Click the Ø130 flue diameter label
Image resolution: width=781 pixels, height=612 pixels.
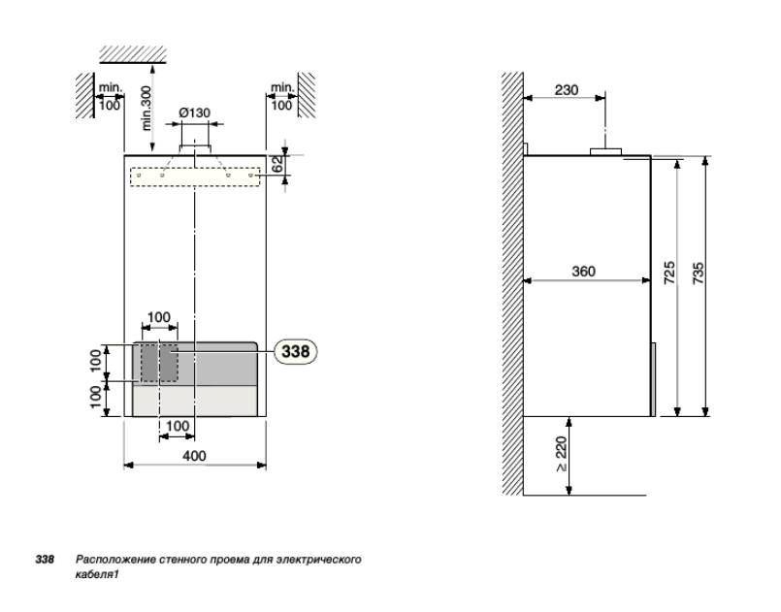click(x=194, y=113)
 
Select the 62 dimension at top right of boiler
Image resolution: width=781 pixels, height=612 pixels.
click(x=278, y=164)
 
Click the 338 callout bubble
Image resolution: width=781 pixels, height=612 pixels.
click(x=296, y=351)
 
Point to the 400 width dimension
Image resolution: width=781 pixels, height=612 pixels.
click(x=194, y=456)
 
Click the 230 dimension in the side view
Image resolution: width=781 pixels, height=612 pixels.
click(x=567, y=90)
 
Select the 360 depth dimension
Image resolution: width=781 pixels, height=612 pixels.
click(x=583, y=272)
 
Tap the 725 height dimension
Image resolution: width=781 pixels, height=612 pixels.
click(x=670, y=273)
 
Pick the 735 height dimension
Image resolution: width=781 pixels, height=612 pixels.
click(x=699, y=274)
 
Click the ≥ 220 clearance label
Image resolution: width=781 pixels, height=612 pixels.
click(x=562, y=454)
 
